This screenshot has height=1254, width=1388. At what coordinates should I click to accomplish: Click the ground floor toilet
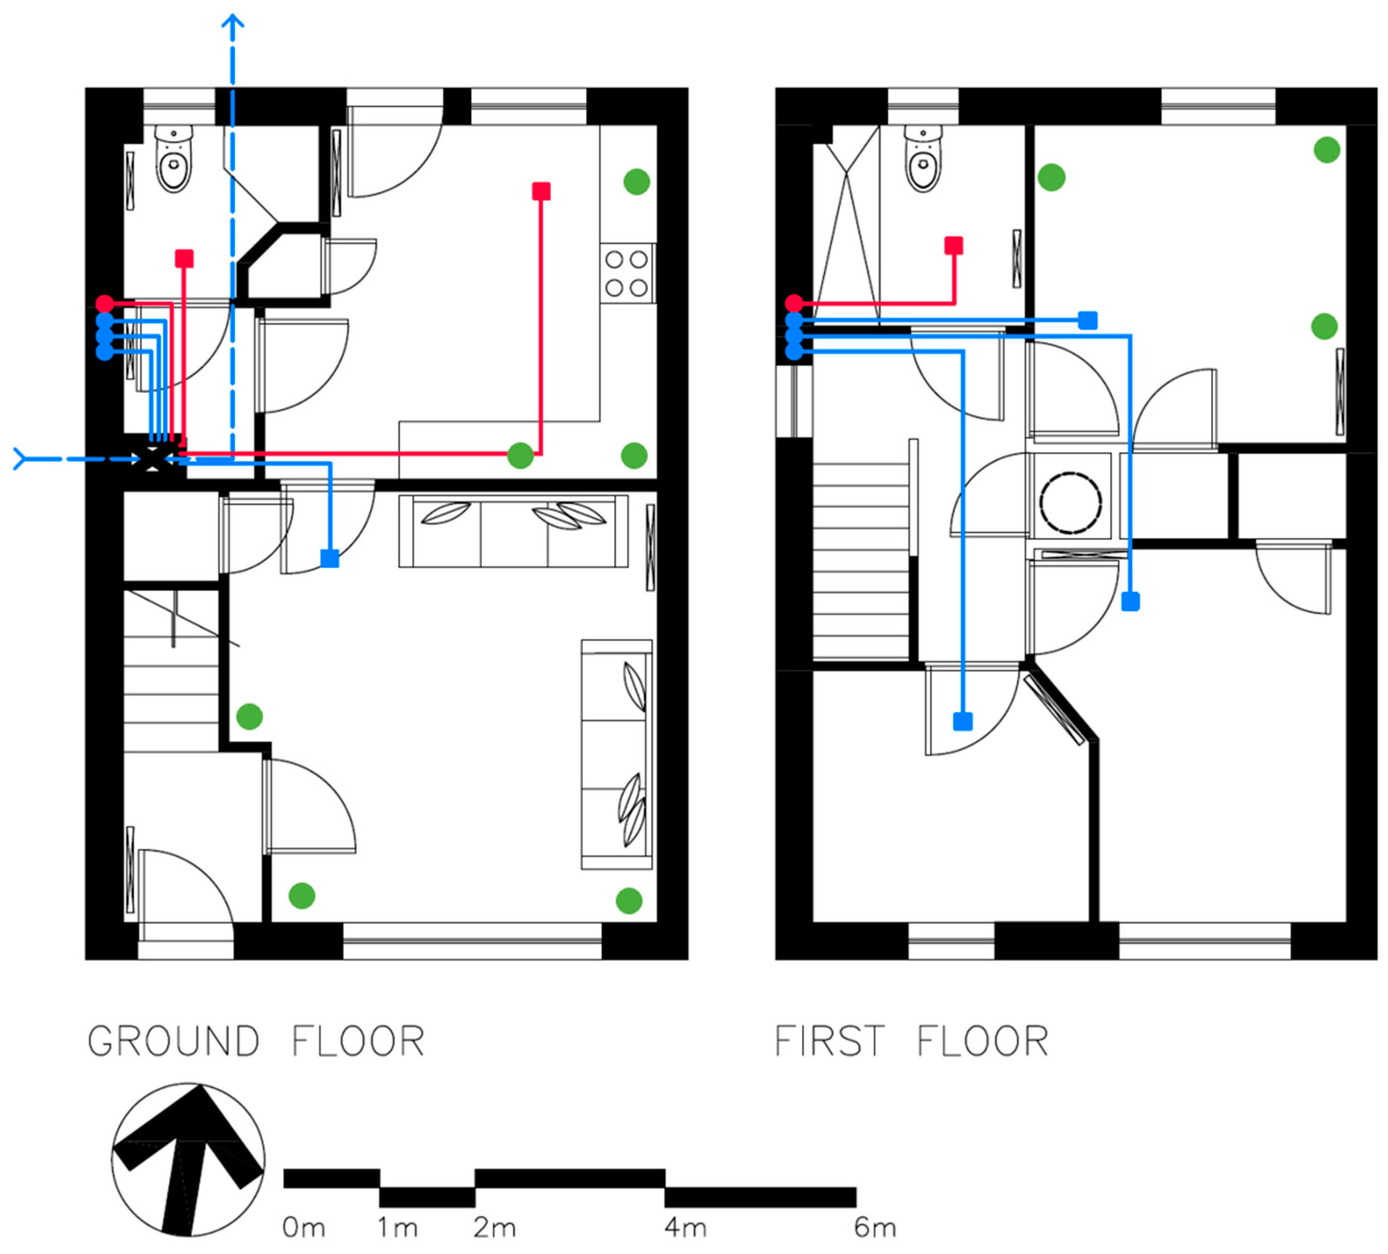(x=174, y=159)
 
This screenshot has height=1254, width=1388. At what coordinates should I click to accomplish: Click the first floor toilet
(x=923, y=159)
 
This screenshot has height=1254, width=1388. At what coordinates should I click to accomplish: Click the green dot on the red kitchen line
(x=520, y=455)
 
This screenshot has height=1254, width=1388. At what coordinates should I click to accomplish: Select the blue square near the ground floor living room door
(x=330, y=559)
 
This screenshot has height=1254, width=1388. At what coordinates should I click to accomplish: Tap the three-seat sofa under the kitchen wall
(x=513, y=531)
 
